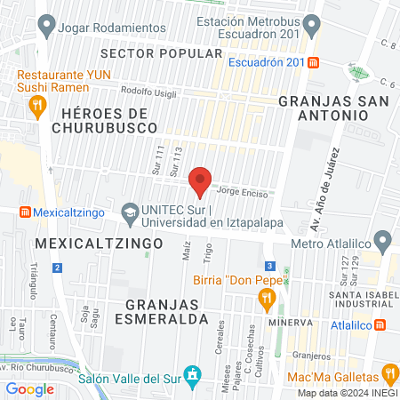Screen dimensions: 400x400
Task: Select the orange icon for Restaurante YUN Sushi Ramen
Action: [36, 108]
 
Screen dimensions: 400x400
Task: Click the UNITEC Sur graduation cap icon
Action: [131, 213]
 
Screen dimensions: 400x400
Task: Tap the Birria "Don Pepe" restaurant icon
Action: [264, 302]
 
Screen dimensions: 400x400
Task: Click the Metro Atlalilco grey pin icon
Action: [383, 239]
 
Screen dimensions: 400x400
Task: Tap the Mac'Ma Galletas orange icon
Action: [388, 373]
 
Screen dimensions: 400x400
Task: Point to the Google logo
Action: [30, 388]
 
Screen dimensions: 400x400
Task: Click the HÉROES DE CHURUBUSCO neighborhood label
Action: [105, 122]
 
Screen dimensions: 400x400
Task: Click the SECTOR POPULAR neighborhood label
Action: [179, 53]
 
